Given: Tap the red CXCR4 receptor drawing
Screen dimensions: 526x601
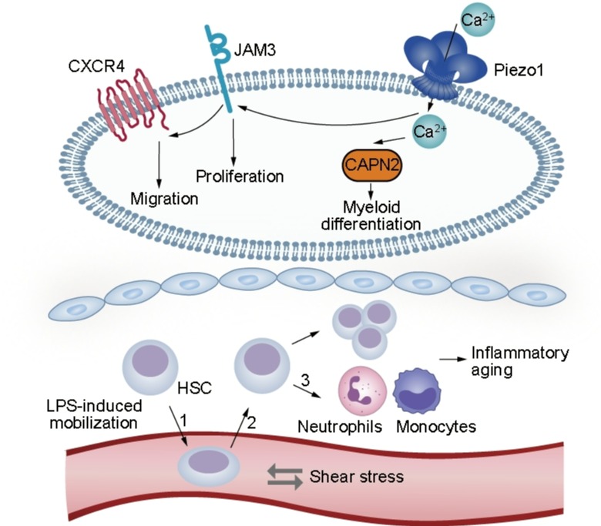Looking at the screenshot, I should pos(131,101).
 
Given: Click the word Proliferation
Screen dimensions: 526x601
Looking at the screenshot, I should pos(240,176).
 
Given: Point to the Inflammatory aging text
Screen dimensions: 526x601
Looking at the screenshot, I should pos(521,361).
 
